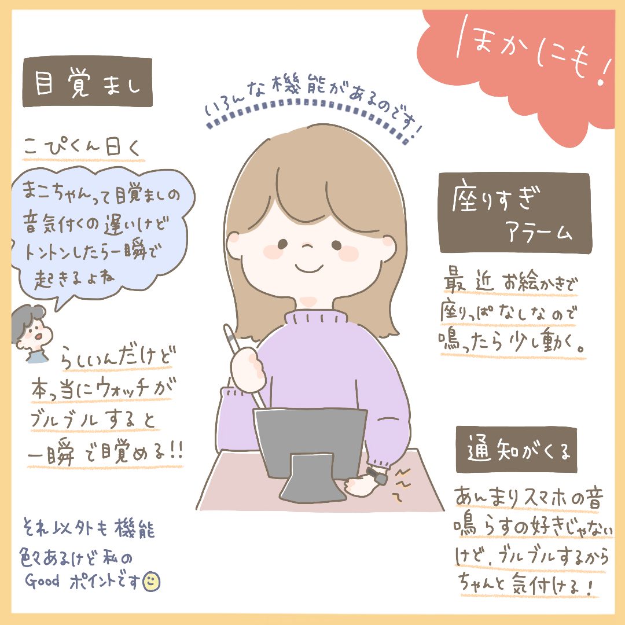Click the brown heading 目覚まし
click(x=87, y=82)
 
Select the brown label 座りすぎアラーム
click(x=514, y=212)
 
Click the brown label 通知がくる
click(x=517, y=450)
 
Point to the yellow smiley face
click(x=152, y=582)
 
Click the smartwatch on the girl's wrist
click(x=377, y=476)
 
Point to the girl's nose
click(x=307, y=245)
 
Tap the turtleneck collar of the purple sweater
click(x=315, y=318)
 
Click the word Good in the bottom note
click(x=42, y=580)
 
